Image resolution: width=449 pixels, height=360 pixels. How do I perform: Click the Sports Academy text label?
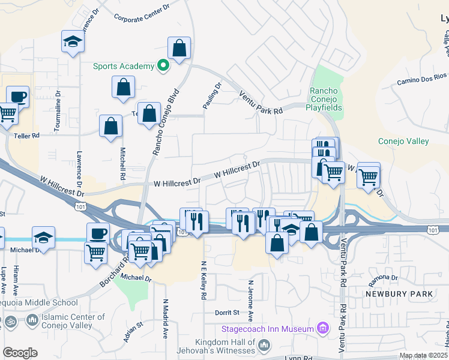click(x=123, y=66)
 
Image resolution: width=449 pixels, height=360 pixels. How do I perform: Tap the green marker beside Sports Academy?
click(x=162, y=66)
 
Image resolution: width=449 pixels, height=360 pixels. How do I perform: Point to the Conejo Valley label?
click(x=403, y=141)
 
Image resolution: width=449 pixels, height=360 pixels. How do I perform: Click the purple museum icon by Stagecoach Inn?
click(x=323, y=328)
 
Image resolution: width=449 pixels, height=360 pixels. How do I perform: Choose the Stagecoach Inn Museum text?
click(x=268, y=329)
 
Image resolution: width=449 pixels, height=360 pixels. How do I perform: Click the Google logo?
click(x=20, y=353)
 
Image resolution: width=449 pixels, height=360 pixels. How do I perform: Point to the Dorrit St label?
click(x=227, y=313)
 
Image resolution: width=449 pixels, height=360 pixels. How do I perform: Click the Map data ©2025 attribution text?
click(x=423, y=356)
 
